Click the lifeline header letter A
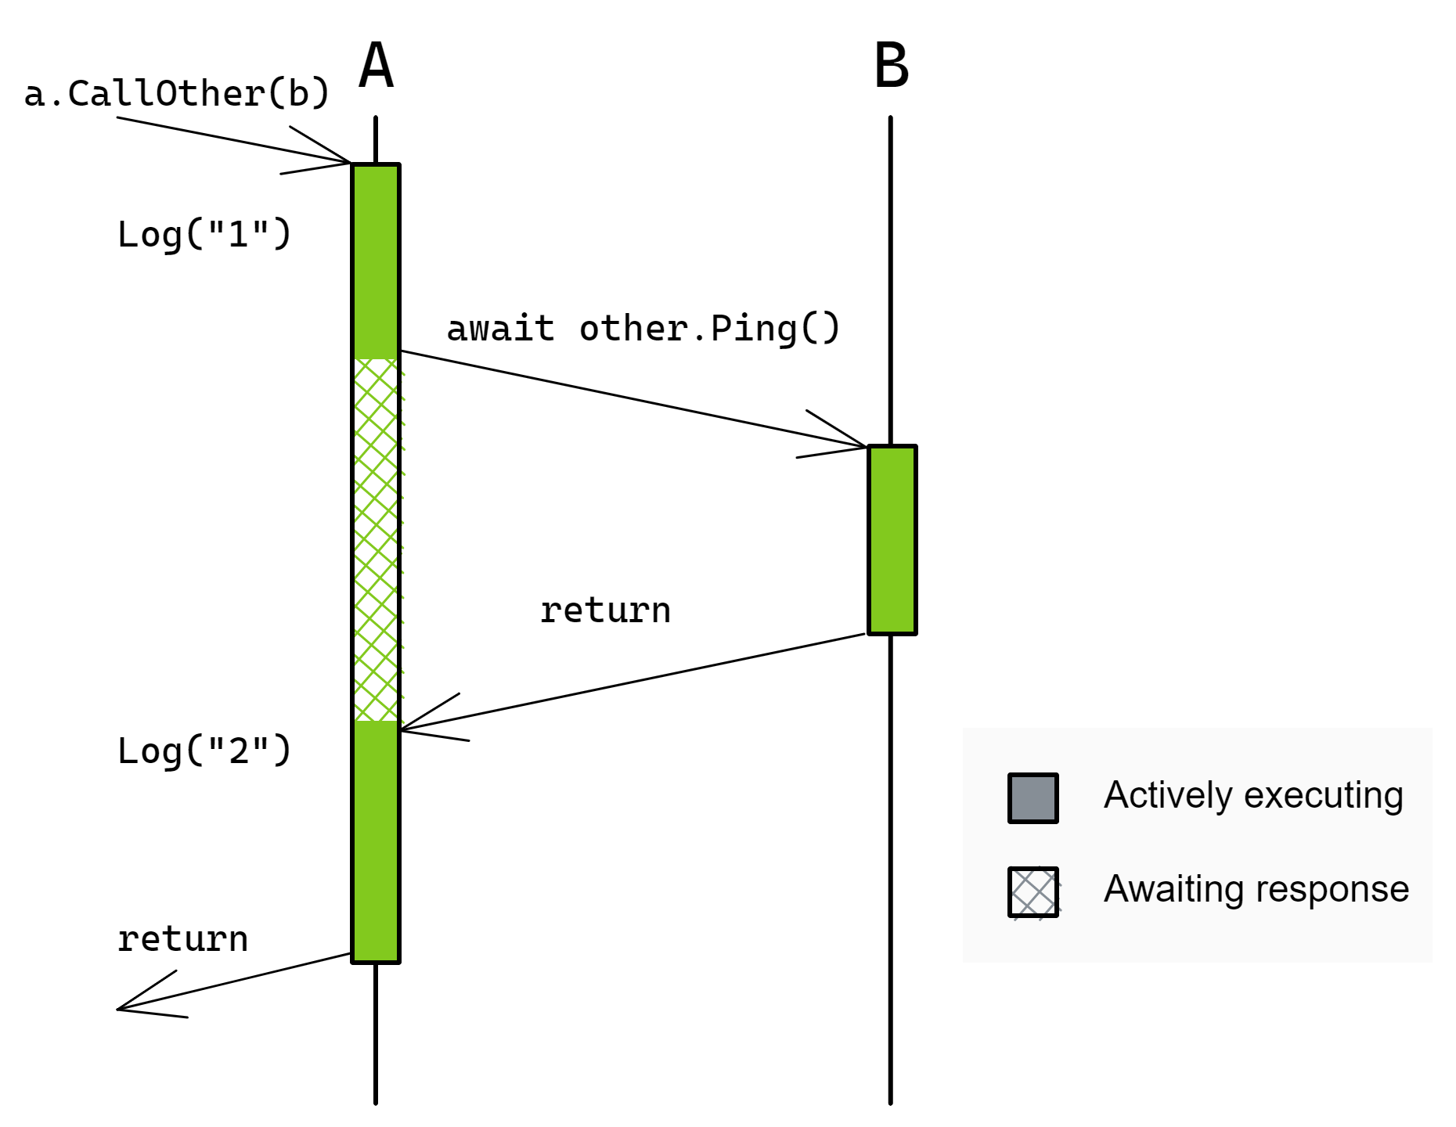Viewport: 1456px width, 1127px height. (376, 66)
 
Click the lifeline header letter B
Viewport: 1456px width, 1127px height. (892, 66)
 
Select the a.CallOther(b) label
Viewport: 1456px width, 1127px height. (177, 94)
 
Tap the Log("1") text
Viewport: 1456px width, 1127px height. (204, 234)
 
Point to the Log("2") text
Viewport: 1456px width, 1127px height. (204, 751)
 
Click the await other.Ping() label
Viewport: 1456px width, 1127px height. (643, 329)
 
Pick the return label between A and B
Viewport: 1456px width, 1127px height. (605, 610)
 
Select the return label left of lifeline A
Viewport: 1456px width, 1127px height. (182, 939)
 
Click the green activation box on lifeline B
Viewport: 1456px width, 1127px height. (892, 540)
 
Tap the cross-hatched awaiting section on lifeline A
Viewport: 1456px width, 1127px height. (377, 540)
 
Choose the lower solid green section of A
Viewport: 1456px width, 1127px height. (377, 841)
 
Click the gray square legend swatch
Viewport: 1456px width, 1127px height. (1033, 798)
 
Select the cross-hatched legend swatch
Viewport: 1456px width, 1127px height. (1033, 892)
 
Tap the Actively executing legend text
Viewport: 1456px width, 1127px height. (1253, 796)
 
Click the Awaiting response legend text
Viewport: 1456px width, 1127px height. (1256, 890)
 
